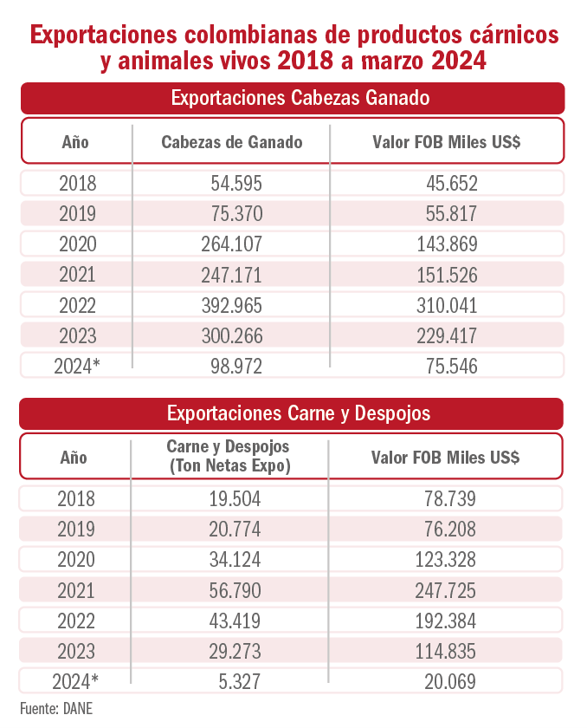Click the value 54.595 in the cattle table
(235, 184)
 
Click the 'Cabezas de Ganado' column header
(232, 142)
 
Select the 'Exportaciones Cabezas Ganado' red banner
(293, 97)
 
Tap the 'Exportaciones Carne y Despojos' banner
(293, 413)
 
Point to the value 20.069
(448, 682)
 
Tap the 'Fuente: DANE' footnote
(56, 708)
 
